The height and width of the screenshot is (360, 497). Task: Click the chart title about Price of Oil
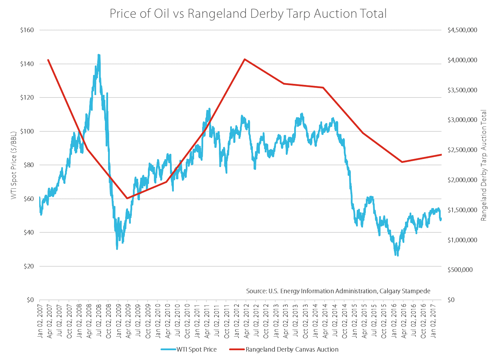click(248, 14)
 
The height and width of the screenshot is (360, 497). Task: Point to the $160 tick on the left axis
click(27, 30)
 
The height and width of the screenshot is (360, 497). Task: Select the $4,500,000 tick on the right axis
click(462, 30)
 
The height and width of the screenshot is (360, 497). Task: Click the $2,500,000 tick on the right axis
click(462, 150)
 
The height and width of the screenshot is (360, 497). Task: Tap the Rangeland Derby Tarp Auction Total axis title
click(484, 165)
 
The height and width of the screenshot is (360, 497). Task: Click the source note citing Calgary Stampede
click(338, 291)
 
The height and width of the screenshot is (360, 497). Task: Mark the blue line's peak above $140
click(99, 55)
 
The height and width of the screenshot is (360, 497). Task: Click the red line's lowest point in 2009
click(127, 199)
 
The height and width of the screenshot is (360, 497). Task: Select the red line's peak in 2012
click(245, 59)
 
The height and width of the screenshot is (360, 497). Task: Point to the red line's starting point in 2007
click(48, 60)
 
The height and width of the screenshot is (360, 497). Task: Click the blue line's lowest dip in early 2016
click(397, 255)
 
